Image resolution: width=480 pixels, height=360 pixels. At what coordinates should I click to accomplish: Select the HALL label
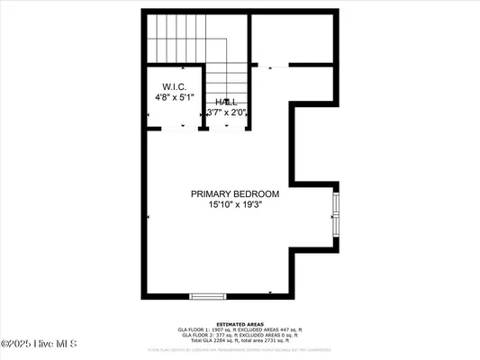(x=227, y=102)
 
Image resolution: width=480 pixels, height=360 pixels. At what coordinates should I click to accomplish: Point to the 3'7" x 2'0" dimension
(x=227, y=112)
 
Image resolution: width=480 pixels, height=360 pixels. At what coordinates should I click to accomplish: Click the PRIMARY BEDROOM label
(x=234, y=194)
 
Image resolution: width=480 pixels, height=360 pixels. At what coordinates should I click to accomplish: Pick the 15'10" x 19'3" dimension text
(x=234, y=205)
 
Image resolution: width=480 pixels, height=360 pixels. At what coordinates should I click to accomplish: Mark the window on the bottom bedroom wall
(x=206, y=295)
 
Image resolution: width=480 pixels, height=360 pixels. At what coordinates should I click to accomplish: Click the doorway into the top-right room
(x=273, y=65)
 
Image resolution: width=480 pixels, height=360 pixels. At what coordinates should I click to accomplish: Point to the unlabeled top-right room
(x=293, y=38)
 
